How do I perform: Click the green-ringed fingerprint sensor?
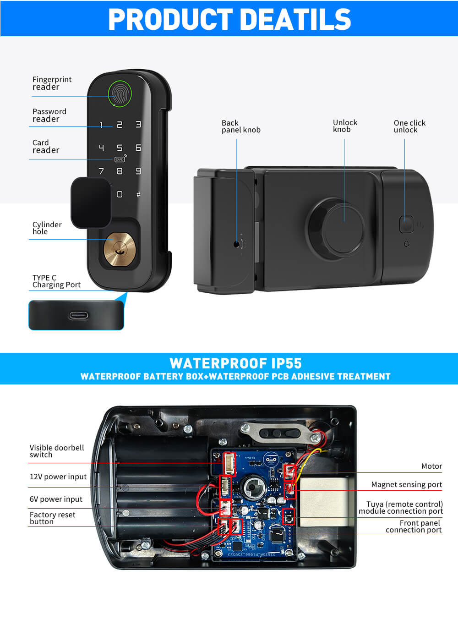pyautogui.click(x=120, y=94)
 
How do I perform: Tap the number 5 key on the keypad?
pyautogui.click(x=120, y=148)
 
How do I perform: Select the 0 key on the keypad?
pyautogui.click(x=120, y=194)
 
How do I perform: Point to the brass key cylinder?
pyautogui.click(x=120, y=249)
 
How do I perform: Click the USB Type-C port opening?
pyautogui.click(x=79, y=316)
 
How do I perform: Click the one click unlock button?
pyautogui.click(x=406, y=225)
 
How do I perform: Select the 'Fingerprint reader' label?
pyautogui.click(x=52, y=83)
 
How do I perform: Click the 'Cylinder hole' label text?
pyautogui.click(x=47, y=228)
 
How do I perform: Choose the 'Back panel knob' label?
pyautogui.click(x=241, y=126)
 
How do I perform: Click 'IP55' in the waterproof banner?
pyautogui.click(x=286, y=363)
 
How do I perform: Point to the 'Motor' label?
pyautogui.click(x=431, y=466)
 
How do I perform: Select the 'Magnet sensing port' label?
pyautogui.click(x=406, y=485)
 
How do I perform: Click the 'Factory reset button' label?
pyautogui.click(x=52, y=518)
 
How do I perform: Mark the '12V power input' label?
pyautogui.click(x=58, y=477)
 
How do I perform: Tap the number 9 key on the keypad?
pyautogui.click(x=138, y=171)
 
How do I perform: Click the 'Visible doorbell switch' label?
pyautogui.click(x=57, y=451)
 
